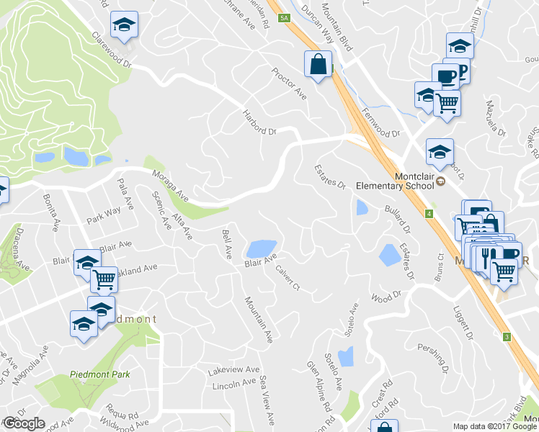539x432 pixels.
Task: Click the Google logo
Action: click(x=24, y=423)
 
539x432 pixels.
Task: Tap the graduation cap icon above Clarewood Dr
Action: click(x=124, y=25)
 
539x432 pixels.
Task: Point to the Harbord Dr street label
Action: click(x=260, y=122)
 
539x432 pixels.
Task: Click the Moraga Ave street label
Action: click(x=170, y=185)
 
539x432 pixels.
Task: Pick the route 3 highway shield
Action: click(x=507, y=337)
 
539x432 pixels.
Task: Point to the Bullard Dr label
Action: click(x=397, y=220)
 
